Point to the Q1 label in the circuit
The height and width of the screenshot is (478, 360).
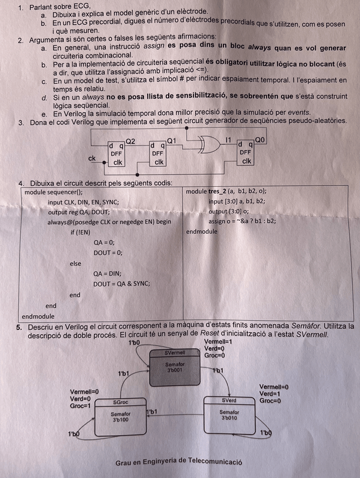point(172,140)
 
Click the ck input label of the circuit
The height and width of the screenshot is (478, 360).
point(91,158)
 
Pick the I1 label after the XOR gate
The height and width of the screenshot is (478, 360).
point(228,140)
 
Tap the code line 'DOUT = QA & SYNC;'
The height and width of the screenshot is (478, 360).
point(122,284)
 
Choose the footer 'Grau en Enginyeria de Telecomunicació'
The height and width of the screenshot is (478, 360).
point(179,462)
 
